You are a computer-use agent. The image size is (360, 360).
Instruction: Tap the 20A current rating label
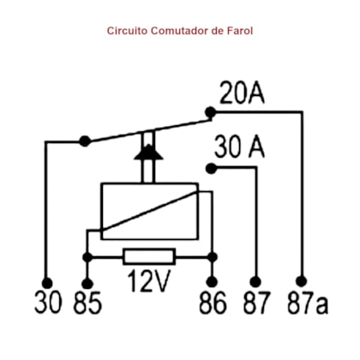tap(242, 93)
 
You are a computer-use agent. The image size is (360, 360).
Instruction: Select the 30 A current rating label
tap(239, 147)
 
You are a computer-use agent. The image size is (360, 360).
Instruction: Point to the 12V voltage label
tap(149, 280)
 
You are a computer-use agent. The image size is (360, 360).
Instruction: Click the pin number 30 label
tap(48, 303)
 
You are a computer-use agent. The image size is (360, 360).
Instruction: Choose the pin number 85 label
tap(87, 303)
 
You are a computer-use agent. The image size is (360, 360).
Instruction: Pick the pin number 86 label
tap(213, 303)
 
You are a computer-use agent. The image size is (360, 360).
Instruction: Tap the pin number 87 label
tap(256, 303)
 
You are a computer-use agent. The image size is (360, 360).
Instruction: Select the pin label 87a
tap(308, 303)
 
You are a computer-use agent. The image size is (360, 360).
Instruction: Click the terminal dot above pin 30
tap(47, 283)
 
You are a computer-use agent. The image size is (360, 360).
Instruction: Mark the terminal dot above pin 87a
tap(302, 281)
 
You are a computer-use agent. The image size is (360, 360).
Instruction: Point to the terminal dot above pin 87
tap(255, 282)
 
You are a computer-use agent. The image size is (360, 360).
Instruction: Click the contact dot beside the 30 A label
tap(211, 169)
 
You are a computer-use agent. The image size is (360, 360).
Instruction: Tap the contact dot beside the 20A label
tap(211, 112)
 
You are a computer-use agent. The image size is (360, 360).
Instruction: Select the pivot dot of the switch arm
tap(85, 141)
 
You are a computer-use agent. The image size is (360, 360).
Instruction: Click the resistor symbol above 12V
tap(149, 257)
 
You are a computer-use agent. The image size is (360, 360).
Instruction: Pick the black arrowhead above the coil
tap(149, 152)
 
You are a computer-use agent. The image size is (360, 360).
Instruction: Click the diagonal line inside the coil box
tap(150, 211)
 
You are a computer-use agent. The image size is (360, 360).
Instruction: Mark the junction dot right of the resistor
tap(213, 257)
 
